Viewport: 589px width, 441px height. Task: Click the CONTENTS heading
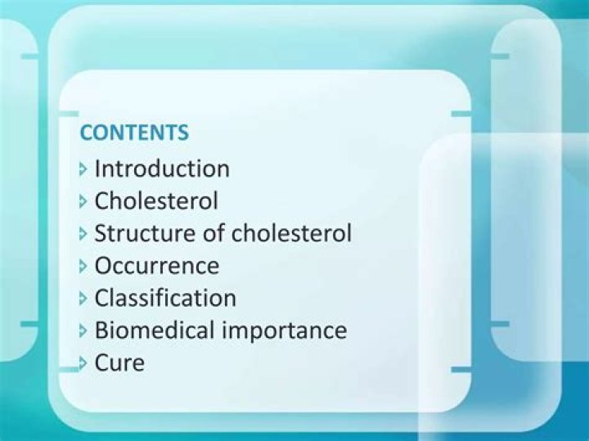(134, 133)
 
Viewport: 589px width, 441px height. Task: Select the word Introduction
(162, 169)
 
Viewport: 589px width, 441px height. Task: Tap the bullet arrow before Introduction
(83, 169)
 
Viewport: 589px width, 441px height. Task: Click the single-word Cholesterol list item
(156, 200)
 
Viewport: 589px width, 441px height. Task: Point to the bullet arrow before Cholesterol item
(83, 201)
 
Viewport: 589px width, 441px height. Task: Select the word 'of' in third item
(214, 233)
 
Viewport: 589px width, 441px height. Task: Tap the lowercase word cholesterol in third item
(292, 233)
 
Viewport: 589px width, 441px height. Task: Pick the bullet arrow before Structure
(83, 234)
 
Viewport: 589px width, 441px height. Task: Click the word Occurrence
(157, 266)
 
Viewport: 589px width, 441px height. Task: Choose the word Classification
(165, 298)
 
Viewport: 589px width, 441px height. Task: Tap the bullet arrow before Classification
(83, 299)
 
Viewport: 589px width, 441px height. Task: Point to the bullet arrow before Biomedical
(83, 331)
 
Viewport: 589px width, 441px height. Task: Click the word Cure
(119, 362)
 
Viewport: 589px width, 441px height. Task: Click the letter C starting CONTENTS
(85, 133)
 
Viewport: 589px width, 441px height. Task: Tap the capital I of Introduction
(98, 169)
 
